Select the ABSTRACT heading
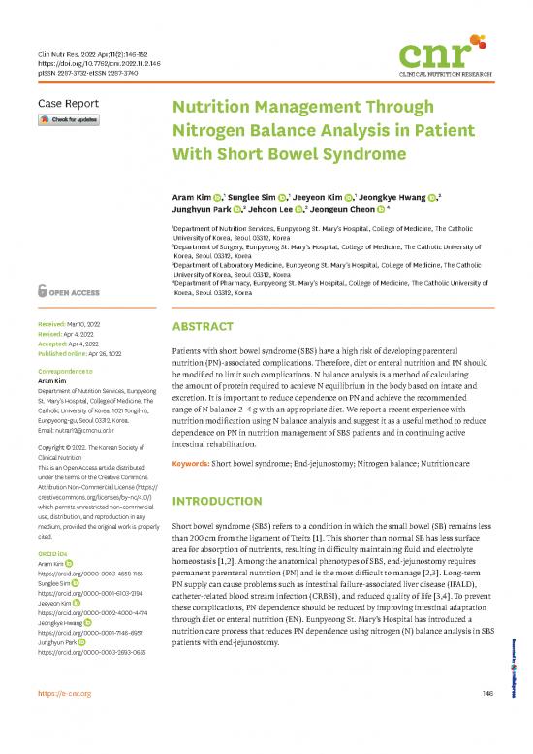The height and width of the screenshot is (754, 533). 204,327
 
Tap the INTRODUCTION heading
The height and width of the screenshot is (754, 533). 220,501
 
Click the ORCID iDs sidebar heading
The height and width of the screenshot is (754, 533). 56,554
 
